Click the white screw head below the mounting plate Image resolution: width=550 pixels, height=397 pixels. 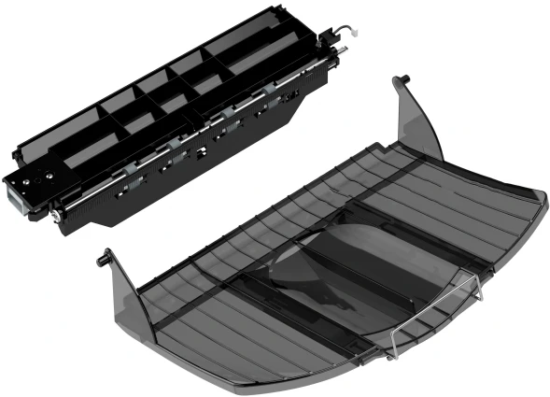pos(57,217)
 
